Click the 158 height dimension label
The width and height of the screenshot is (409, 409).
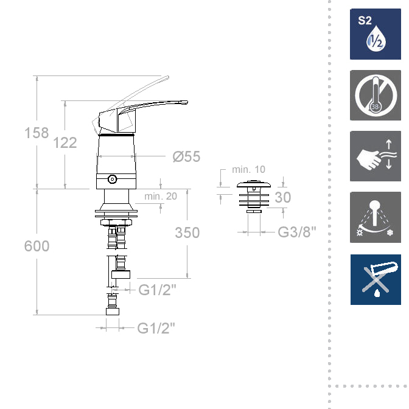coord(37,133)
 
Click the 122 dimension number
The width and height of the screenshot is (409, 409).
coord(65,142)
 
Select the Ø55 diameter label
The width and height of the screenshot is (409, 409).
coord(186,156)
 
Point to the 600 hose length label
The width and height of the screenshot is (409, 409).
coord(37,246)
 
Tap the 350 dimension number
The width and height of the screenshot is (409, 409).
coord(187,232)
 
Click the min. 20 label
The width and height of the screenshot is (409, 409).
coord(161,196)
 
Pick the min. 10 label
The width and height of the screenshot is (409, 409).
coord(248,170)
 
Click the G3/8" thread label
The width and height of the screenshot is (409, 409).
coord(297,232)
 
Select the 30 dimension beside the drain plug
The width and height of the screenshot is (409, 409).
coord(283,197)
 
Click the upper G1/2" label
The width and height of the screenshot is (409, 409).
coord(157,290)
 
